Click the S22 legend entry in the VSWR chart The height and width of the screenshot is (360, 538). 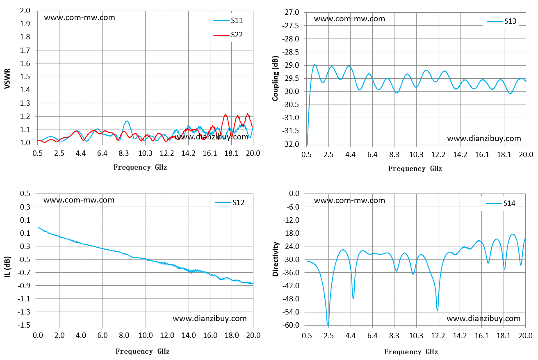click(228, 35)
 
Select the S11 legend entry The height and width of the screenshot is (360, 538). click(228, 21)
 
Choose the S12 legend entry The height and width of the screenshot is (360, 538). click(230, 203)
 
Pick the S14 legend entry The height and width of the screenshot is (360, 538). click(501, 203)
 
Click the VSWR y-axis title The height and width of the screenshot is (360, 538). click(7, 79)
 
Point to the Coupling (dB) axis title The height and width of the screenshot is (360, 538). click(275, 79)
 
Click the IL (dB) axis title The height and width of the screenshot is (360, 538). click(7, 267)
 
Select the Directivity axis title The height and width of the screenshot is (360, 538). click(276, 259)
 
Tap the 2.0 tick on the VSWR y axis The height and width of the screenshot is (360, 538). click(25, 11)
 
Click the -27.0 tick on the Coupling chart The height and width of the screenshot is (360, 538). click(291, 12)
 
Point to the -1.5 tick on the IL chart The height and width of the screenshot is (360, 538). click(24, 325)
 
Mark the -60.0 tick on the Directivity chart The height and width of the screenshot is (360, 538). click(291, 325)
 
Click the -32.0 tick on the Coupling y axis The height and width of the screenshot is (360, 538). click(291, 144)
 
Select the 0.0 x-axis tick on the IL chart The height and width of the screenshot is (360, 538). click(38, 335)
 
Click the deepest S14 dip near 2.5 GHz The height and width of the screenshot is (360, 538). click(328, 325)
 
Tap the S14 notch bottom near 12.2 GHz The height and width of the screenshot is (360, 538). click(438, 310)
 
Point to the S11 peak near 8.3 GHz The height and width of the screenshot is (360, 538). click(127, 121)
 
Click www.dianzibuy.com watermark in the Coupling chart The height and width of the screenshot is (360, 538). click(484, 139)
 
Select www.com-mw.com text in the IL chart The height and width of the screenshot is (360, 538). click(79, 200)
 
